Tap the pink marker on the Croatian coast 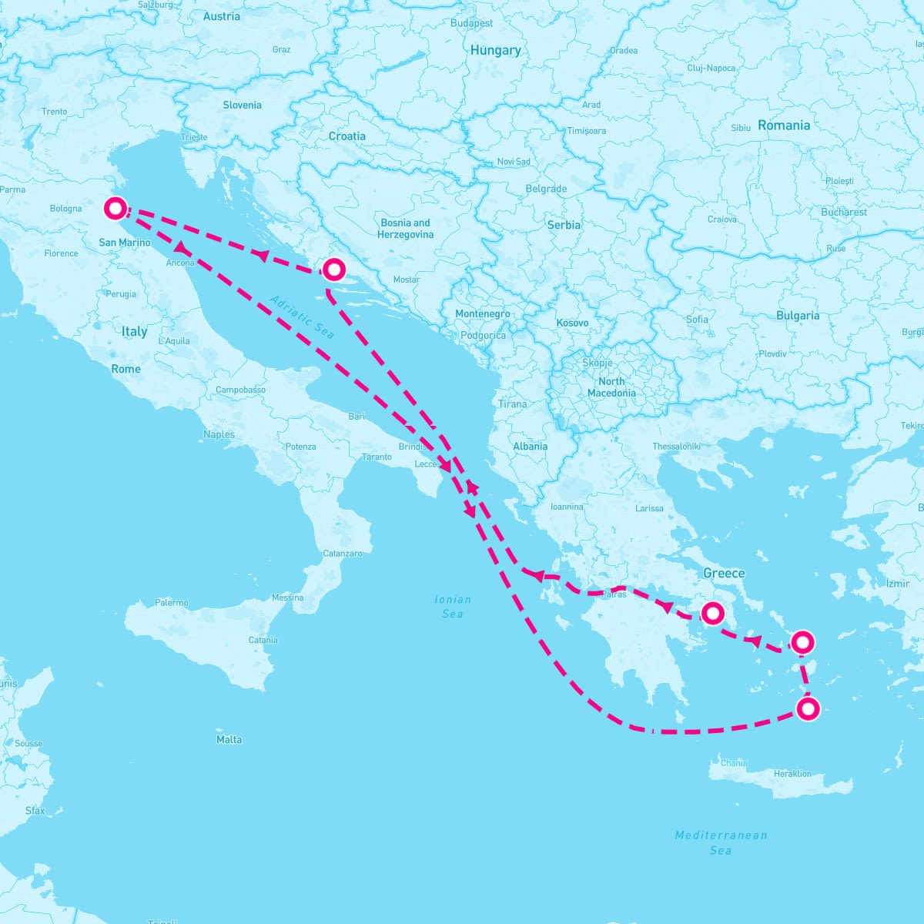pyautogui.click(x=333, y=269)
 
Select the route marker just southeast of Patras pyautogui.click(x=713, y=613)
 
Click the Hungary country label pyautogui.click(x=495, y=50)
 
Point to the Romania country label pyautogui.click(x=784, y=126)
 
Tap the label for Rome pyautogui.click(x=126, y=369)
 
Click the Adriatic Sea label pyautogui.click(x=303, y=316)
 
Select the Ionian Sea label pyautogui.click(x=453, y=606)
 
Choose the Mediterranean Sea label pyautogui.click(x=721, y=842)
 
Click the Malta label pyautogui.click(x=229, y=739)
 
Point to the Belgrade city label pyautogui.click(x=546, y=189)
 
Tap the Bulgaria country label pyautogui.click(x=798, y=315)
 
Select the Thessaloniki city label pyautogui.click(x=676, y=447)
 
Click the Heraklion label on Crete pyautogui.click(x=792, y=773)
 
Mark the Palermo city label pyautogui.click(x=171, y=603)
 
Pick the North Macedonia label pyautogui.click(x=611, y=387)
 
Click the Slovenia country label pyautogui.click(x=242, y=105)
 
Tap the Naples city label pyautogui.click(x=219, y=434)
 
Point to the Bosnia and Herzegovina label pyautogui.click(x=406, y=228)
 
